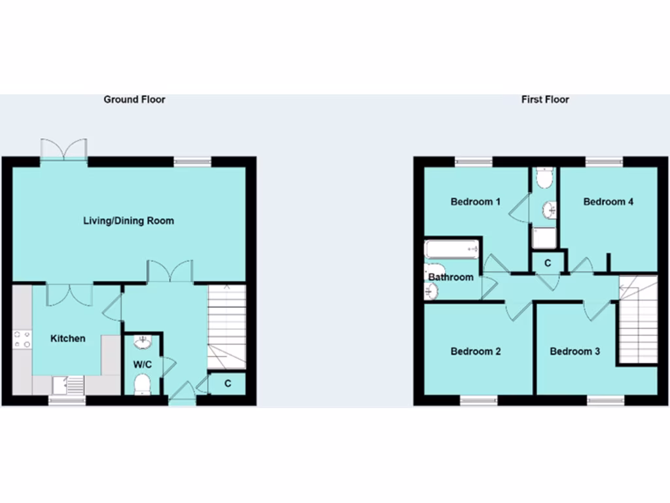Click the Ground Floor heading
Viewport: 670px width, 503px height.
134,100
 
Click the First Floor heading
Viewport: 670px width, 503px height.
545,100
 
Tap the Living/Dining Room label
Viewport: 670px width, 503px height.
128,221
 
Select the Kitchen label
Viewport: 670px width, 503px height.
68,339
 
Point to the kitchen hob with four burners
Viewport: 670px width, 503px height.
22,339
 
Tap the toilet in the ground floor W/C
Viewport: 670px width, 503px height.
142,384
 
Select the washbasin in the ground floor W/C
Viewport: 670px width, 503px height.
143,341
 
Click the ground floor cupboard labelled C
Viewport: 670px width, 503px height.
228,384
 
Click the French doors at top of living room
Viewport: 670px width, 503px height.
63,149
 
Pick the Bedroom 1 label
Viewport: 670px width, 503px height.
476,202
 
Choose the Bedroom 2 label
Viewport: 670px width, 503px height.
476,352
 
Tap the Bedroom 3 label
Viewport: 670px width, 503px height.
574,352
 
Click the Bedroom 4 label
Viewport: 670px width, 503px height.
608,202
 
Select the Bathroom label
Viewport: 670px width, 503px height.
451,277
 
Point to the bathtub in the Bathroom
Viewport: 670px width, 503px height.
452,249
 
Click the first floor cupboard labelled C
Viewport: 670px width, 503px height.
548,263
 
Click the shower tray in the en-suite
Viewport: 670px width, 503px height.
544,237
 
